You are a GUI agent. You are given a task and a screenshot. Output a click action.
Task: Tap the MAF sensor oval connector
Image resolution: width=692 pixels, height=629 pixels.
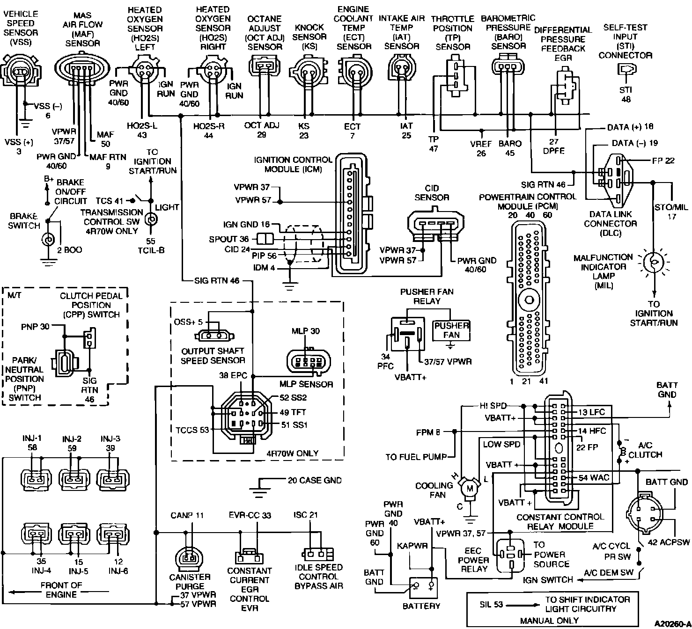(x=82, y=67)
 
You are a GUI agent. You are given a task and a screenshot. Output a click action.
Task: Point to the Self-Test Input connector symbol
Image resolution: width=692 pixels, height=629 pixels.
(x=626, y=69)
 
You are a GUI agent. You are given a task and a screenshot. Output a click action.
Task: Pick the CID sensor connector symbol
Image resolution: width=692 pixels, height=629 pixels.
(x=435, y=224)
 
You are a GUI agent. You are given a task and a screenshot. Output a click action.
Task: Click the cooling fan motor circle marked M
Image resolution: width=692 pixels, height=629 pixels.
(x=470, y=488)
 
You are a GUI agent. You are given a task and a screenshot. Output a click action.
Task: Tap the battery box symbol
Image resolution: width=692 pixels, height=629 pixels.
(x=423, y=588)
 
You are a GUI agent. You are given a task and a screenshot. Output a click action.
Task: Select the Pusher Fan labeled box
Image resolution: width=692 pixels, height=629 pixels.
(x=451, y=331)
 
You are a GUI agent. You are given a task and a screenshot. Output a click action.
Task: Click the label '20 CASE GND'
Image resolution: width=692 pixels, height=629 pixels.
(x=314, y=480)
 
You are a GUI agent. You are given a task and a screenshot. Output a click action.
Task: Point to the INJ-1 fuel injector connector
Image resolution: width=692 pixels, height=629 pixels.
(x=36, y=479)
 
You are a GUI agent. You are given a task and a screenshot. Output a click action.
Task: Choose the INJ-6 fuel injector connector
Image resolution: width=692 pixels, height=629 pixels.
(x=113, y=534)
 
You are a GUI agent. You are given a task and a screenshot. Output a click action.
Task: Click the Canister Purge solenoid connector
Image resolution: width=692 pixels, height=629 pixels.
(x=189, y=556)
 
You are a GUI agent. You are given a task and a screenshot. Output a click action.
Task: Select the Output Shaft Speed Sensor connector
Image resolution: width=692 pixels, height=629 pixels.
(x=214, y=336)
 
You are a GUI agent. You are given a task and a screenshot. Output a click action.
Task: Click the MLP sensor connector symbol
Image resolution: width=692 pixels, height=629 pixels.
(x=309, y=361)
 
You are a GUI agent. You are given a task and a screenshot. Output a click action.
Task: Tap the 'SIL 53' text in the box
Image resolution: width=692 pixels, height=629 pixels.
(x=491, y=605)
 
